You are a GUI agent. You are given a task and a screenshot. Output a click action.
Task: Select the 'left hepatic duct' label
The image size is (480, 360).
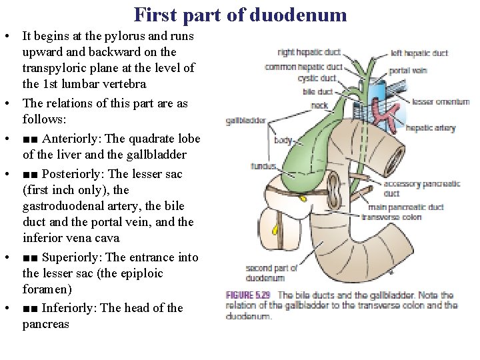pyautogui.click(x=419, y=53)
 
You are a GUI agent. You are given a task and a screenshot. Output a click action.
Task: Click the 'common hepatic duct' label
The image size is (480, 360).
pyautogui.click(x=303, y=67)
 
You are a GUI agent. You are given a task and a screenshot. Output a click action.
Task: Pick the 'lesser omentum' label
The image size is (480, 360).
pyautogui.click(x=441, y=102)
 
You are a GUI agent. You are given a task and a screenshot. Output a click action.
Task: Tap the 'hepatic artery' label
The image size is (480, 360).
pyautogui.click(x=430, y=127)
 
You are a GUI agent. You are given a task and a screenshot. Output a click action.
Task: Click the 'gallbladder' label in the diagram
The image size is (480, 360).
pyautogui.click(x=245, y=121)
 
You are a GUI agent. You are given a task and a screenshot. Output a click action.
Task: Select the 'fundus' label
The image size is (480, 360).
pyautogui.click(x=264, y=166)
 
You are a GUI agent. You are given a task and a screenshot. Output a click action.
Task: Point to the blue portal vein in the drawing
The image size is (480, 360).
pyautogui.click(x=377, y=93)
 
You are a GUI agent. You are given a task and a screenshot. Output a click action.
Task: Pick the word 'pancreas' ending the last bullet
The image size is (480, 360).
pyautogui.click(x=45, y=325)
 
